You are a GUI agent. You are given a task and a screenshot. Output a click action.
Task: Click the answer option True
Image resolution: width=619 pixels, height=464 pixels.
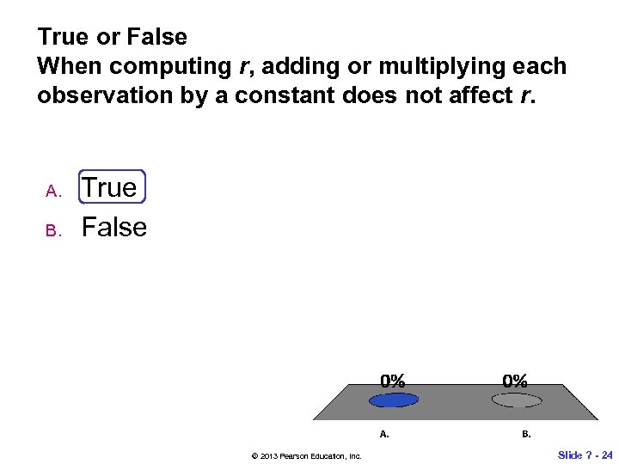tap(110, 188)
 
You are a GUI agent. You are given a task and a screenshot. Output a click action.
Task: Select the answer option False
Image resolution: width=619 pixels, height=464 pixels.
tap(113, 228)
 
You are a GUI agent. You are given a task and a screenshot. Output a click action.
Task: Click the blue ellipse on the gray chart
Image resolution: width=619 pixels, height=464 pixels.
tap(393, 400)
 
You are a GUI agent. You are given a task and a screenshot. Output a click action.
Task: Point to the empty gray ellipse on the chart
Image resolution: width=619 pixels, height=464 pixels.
tap(516, 400)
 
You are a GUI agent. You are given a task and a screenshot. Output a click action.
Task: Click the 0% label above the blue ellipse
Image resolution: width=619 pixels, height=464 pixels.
tap(393, 380)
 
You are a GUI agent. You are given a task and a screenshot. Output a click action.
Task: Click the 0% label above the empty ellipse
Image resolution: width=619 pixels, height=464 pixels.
tap(516, 380)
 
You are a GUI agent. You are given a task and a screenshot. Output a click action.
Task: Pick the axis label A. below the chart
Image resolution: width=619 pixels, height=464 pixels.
tap(384, 434)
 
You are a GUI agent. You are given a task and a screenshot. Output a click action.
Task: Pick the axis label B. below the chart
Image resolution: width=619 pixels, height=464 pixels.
tap(526, 434)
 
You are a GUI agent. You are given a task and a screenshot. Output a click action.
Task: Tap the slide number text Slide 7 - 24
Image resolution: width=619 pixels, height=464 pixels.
tap(585, 455)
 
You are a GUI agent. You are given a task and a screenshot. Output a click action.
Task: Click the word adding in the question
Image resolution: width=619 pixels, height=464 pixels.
tap(281, 66)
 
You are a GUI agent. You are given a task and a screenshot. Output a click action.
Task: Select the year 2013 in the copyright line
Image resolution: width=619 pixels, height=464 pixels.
tap(259, 455)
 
